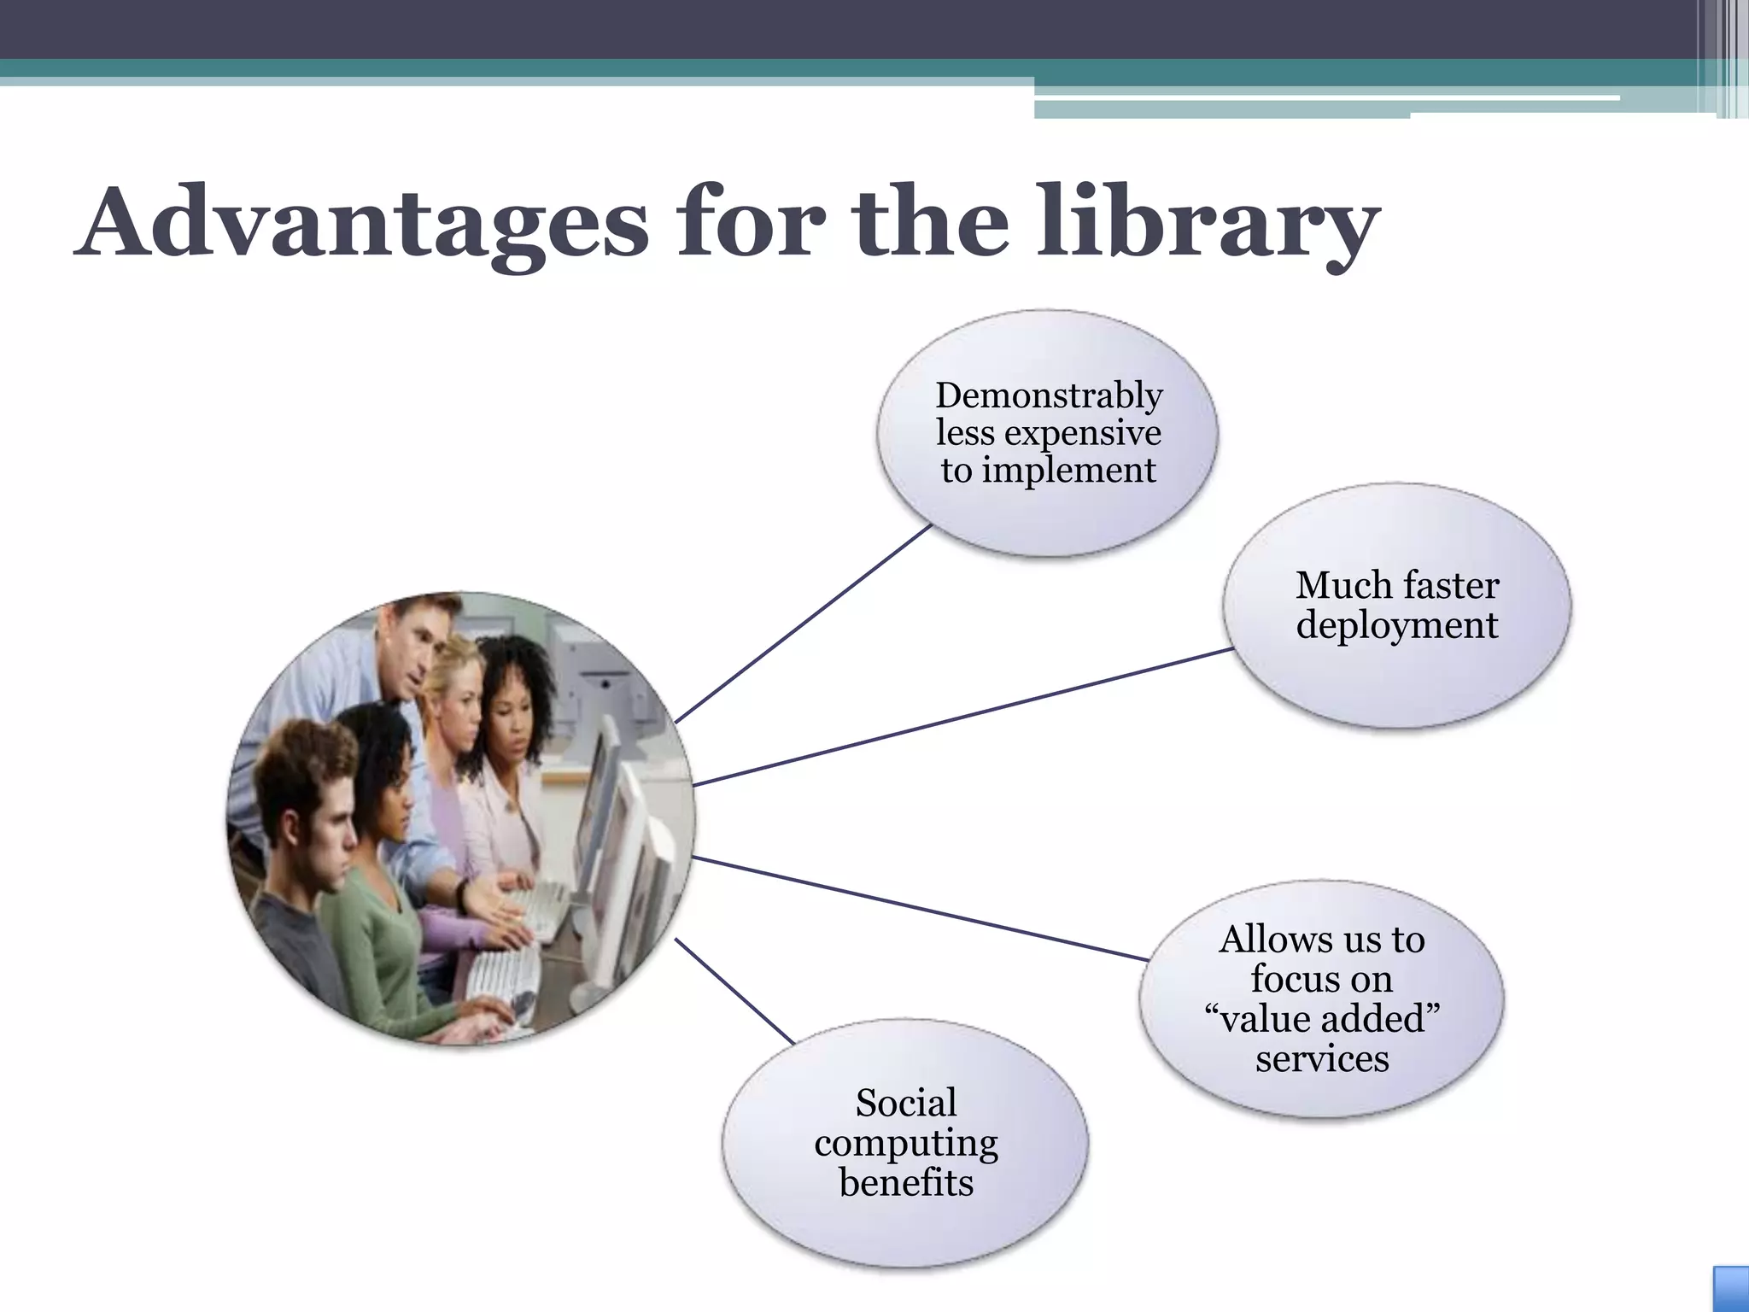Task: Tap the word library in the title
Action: [1208, 224]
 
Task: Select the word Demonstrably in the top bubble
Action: [1049, 395]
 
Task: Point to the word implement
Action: [1068, 470]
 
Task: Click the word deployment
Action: [1396, 625]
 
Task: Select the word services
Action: [1322, 1059]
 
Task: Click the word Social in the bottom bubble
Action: [906, 1103]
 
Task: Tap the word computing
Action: [906, 1143]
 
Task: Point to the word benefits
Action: [906, 1183]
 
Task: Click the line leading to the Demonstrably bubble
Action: [803, 624]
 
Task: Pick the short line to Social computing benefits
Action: [734, 991]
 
